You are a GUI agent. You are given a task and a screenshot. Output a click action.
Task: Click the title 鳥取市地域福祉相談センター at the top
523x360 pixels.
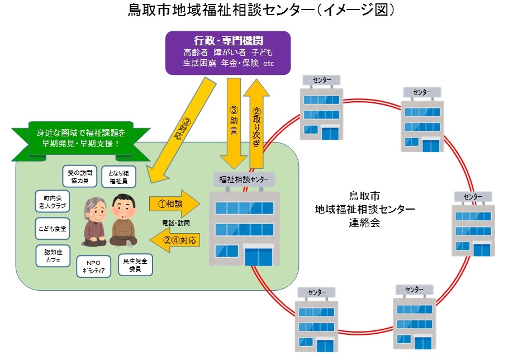point(261,11)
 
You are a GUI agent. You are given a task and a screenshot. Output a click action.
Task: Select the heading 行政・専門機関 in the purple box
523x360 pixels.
point(228,41)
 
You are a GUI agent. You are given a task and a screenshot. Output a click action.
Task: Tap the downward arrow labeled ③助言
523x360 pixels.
point(234,123)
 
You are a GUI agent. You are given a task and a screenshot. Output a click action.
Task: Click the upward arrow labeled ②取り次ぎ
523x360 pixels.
point(257,123)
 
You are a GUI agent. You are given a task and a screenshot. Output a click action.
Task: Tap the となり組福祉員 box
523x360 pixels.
point(117,176)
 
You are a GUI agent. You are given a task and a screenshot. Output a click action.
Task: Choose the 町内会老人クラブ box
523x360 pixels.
point(51,202)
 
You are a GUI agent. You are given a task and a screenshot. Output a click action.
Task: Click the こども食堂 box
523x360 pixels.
point(52,229)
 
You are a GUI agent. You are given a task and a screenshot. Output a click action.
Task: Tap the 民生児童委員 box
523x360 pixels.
point(135,264)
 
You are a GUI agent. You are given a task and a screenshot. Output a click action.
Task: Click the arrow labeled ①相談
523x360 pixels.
point(173,204)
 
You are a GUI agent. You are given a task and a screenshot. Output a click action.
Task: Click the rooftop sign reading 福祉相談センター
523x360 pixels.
point(245,179)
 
